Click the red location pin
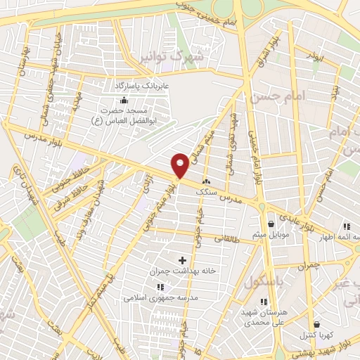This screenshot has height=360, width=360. pos(180,165)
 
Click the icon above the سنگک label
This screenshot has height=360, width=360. pos(206,181)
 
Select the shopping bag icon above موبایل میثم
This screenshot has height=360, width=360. pos(271,224)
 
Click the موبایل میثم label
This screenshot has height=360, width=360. pos(271,234)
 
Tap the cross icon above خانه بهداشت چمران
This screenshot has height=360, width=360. pos(184,260)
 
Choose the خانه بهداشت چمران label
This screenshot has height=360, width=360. pos(183,271)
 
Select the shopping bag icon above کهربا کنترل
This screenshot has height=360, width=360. pos(317,324)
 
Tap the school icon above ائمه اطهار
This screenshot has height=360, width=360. pos(346,226)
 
